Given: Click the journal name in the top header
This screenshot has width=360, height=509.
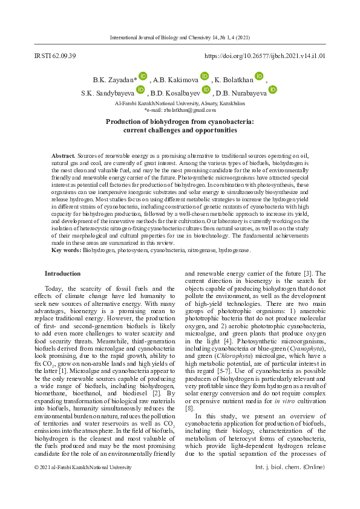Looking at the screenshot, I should [x=179, y=37].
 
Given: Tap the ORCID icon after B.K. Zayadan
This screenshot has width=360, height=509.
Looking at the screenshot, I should [x=143, y=76].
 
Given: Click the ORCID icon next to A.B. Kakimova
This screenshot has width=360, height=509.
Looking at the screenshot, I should [x=205, y=76].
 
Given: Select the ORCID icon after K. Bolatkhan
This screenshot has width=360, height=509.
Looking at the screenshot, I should [x=259, y=76].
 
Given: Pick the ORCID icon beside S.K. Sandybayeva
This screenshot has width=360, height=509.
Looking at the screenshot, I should [x=140, y=89].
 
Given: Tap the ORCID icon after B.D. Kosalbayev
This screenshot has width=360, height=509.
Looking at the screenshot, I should [x=206, y=89].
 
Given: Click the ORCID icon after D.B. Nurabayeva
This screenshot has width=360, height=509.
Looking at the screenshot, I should [x=272, y=89].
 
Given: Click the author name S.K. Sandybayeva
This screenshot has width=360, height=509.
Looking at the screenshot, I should [x=108, y=93].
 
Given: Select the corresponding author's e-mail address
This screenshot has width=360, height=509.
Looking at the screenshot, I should [x=180, y=109].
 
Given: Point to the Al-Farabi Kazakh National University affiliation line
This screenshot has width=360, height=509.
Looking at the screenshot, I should [x=180, y=103].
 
